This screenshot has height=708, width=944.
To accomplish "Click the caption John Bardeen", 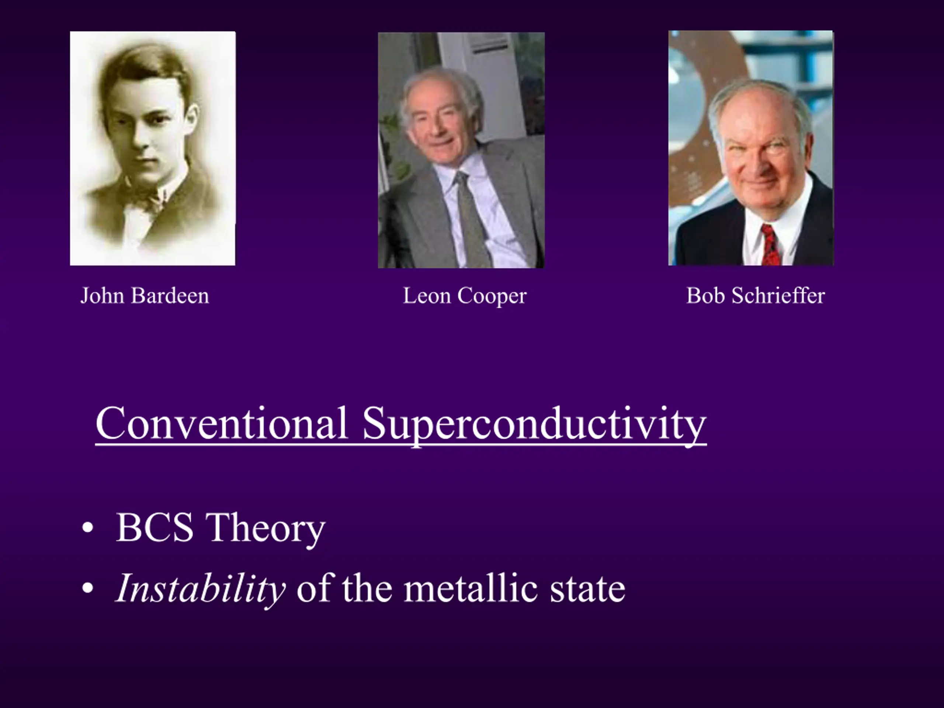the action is (145, 296).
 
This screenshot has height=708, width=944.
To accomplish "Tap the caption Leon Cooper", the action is (465, 296).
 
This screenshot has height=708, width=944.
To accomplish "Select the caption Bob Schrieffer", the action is (755, 295).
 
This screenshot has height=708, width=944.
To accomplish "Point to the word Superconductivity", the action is (534, 426).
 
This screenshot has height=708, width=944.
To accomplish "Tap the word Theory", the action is (265, 530).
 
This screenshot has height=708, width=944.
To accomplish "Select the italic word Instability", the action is (201, 589).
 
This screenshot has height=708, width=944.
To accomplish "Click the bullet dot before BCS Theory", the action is (87, 528).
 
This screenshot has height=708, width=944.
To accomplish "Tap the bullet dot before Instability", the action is (87, 589).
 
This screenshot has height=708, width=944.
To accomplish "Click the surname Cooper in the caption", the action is (492, 296).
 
